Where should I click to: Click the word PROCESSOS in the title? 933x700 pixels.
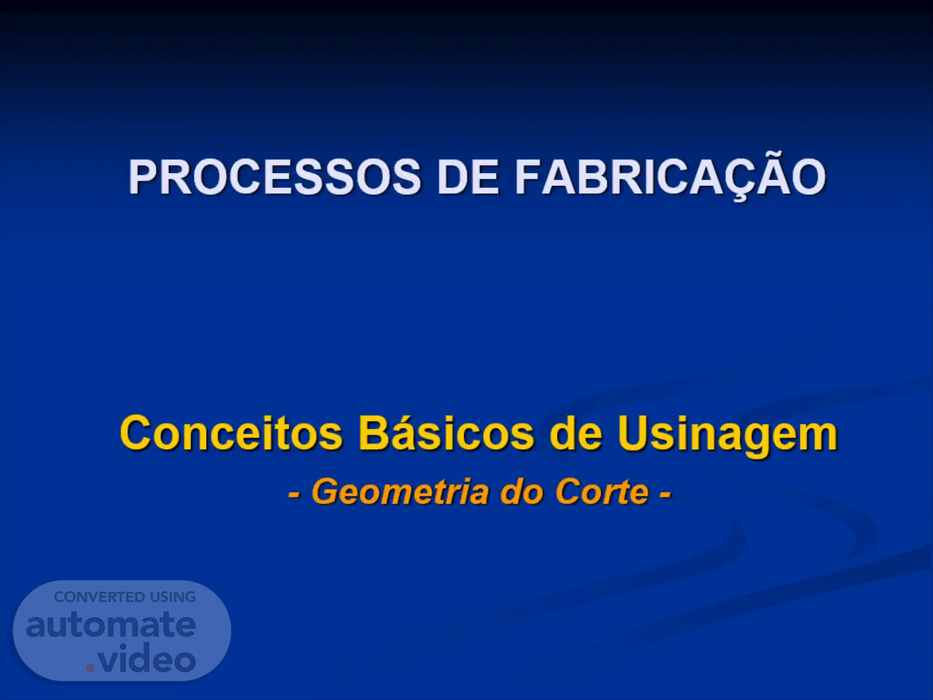[275, 177]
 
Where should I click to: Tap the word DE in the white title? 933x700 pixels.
[468, 177]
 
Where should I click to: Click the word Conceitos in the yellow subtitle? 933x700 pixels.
[231, 433]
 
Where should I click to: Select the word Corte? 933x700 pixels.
[602, 492]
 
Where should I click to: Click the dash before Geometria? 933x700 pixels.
[295, 495]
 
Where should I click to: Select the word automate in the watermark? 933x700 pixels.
[111, 625]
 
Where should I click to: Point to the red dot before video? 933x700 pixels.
[90, 668]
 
